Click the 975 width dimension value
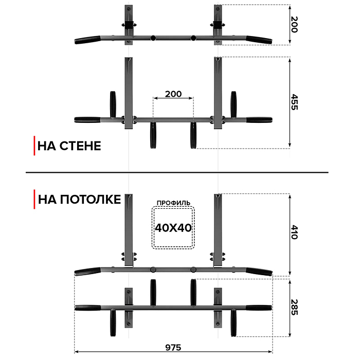pyautogui.click(x=173, y=348)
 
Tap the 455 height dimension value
pyautogui.click(x=295, y=102)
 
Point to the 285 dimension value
pyautogui.click(x=295, y=307)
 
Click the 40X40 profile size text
pyautogui.click(x=173, y=228)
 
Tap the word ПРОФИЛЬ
pyautogui.click(x=173, y=203)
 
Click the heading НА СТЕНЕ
pyautogui.click(x=69, y=146)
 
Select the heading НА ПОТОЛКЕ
pyautogui.click(x=79, y=199)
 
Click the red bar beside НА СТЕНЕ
pyautogui.click(x=34, y=146)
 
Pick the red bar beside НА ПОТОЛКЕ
pyautogui.click(x=34, y=199)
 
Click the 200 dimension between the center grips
pyautogui.click(x=173, y=94)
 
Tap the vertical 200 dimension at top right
pyautogui.click(x=295, y=24)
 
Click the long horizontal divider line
pyautogui.click(x=180, y=172)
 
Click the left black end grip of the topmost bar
pyautogui.click(x=87, y=39)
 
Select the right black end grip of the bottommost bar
pyautogui.click(x=259, y=308)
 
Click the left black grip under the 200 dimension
pyautogui.click(x=152, y=135)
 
